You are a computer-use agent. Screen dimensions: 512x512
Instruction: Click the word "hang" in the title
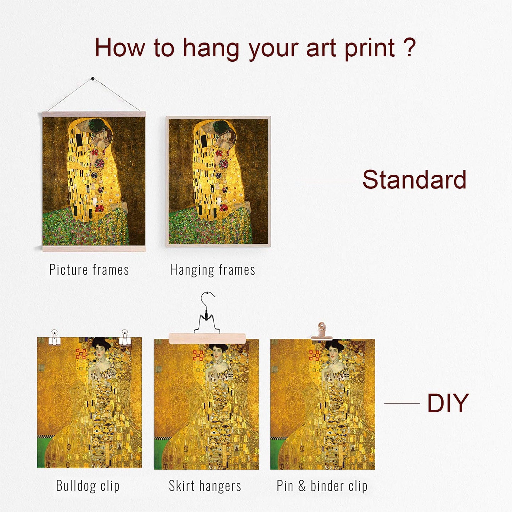click(x=211, y=49)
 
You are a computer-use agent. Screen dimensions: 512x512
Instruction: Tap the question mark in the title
click(x=410, y=48)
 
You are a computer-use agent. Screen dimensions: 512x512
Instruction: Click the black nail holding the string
click(x=93, y=79)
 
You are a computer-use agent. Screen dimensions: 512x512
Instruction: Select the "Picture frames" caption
click(x=89, y=270)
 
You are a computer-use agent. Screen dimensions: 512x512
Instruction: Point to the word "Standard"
click(x=414, y=180)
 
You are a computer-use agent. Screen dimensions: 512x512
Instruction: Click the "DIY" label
click(x=448, y=403)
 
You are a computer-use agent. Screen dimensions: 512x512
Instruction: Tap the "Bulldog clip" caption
click(x=88, y=486)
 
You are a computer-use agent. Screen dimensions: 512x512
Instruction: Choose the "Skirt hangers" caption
click(x=205, y=486)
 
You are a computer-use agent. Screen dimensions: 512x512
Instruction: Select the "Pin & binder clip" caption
click(x=322, y=486)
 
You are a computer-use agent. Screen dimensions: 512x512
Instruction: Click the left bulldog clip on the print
click(x=55, y=338)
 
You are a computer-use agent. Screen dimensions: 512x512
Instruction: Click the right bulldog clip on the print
click(x=125, y=338)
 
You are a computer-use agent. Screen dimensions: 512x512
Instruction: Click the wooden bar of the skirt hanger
click(x=207, y=338)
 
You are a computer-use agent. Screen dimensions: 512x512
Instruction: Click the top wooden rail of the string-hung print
click(x=94, y=114)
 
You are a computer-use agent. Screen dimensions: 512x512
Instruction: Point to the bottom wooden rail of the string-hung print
click(x=94, y=249)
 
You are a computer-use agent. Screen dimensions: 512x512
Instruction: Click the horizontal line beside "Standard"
click(x=326, y=180)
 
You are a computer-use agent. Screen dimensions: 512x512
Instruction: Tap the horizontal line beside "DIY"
click(x=402, y=403)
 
